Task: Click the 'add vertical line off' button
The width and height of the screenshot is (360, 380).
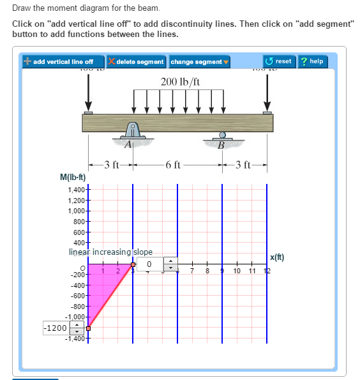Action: pyautogui.click(x=59, y=62)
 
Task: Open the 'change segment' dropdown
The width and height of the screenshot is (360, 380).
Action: pyautogui.click(x=200, y=62)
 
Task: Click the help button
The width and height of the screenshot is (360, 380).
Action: pyautogui.click(x=313, y=61)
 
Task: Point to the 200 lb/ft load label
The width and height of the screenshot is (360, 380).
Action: pyautogui.click(x=181, y=82)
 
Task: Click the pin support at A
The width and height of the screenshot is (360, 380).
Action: pyautogui.click(x=132, y=132)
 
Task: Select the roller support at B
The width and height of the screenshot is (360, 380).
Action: pyautogui.click(x=222, y=137)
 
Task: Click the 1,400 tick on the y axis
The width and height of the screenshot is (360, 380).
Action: pyautogui.click(x=75, y=190)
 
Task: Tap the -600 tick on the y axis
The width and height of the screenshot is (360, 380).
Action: pyautogui.click(x=77, y=295)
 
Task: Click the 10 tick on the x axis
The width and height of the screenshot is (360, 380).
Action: pyautogui.click(x=237, y=272)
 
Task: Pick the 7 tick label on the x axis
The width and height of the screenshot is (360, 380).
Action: pyautogui.click(x=192, y=272)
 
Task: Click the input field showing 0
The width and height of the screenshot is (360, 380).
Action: pyautogui.click(x=149, y=264)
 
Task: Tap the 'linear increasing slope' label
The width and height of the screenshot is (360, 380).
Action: pyautogui.click(x=110, y=252)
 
